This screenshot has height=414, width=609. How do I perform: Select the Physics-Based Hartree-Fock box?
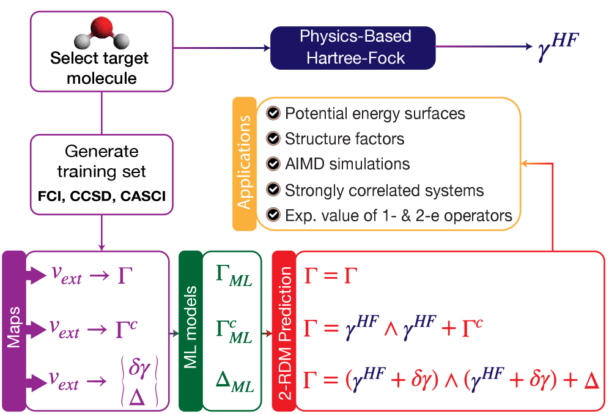353,47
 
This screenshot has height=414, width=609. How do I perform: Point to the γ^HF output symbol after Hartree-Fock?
557,47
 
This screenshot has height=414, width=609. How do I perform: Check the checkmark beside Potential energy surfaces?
274,114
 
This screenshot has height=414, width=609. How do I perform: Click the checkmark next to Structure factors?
274,139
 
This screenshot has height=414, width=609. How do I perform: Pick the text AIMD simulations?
347,164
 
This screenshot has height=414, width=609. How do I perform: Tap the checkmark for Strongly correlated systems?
274,190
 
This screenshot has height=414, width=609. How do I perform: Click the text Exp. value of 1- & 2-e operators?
398,215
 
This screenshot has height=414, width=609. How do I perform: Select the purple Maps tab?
13,331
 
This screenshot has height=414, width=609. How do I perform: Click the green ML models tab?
190,331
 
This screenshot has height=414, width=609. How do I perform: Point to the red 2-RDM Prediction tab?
283,331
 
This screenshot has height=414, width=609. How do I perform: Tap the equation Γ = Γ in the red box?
330,276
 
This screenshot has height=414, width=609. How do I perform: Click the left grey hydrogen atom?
81,42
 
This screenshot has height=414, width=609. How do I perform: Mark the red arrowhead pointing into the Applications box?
525,164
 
